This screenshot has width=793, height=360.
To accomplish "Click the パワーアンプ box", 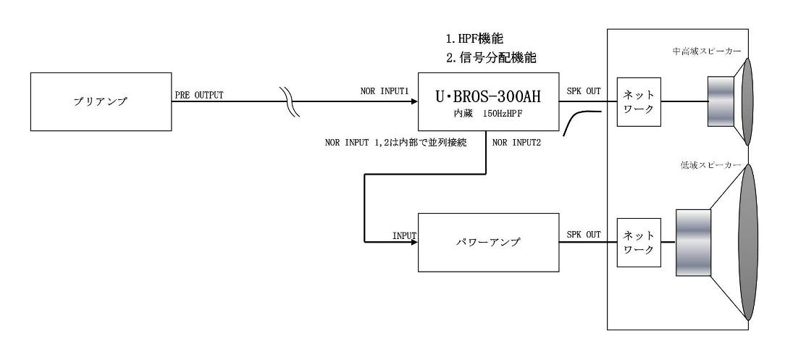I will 487,242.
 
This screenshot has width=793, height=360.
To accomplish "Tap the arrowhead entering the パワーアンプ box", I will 414,243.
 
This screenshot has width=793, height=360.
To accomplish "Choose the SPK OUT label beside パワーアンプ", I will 584,235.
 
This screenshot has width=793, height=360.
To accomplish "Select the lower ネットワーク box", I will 637,242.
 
